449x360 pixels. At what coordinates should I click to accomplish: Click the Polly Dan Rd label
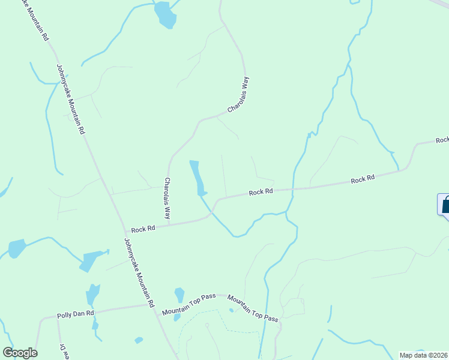76,314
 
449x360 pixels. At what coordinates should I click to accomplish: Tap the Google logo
20,353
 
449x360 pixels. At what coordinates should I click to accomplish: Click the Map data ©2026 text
423,355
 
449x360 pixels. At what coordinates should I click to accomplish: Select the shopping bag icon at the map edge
445,205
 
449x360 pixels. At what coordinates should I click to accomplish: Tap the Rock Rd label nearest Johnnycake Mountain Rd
143,229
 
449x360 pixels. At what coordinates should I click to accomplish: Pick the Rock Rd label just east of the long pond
261,192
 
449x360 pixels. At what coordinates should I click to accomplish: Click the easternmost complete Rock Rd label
363,179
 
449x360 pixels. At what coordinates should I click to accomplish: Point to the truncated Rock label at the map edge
442,140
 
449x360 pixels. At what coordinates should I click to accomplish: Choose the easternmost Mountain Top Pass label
253,307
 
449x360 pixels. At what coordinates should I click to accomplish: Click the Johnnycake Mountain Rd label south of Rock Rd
139,270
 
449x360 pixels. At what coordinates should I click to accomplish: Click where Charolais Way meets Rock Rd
169,224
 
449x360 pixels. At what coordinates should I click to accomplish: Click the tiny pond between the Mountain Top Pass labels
231,310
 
